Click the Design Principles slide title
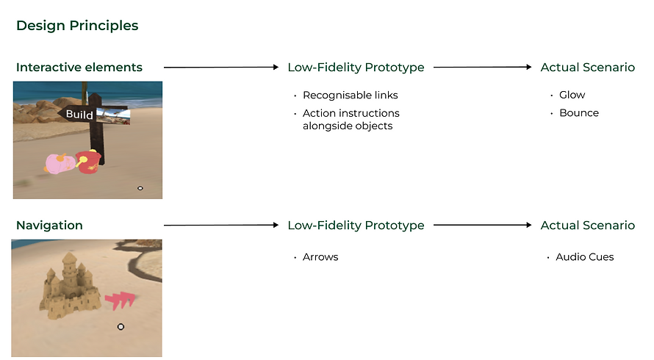(77, 26)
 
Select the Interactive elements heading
(79, 68)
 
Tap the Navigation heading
(49, 226)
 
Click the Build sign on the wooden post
(79, 114)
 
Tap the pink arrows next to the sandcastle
(121, 299)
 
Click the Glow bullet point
(572, 95)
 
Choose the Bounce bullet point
(578, 113)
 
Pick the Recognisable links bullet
(350, 95)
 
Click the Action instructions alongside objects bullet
(351, 119)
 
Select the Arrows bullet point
(320, 257)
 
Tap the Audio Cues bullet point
(584, 257)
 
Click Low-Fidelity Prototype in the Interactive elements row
(356, 68)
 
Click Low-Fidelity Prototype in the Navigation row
(356, 226)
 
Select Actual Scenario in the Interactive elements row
(587, 68)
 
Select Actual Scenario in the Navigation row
(587, 226)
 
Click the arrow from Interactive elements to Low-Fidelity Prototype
(221, 68)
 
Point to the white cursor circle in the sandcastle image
(121, 327)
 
